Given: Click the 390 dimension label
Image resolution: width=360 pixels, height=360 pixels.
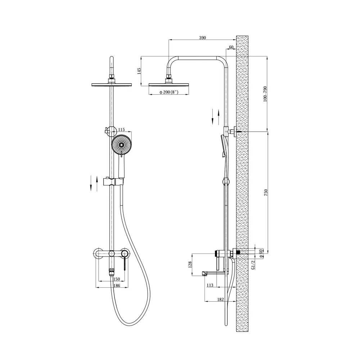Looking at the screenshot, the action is pos(202,38).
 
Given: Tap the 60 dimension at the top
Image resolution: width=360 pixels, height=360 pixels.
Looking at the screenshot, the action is pos(231,47).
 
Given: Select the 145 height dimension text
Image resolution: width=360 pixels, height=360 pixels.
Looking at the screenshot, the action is pos(139,71).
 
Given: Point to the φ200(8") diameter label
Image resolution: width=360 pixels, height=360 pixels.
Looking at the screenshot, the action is pos(169,92).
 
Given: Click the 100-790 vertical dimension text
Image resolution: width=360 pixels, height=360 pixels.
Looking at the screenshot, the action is pos(265,94).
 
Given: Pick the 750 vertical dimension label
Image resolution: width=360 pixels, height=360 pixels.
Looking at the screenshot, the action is pos(266,193).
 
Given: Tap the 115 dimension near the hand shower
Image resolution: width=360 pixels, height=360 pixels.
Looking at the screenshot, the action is pos(121,130).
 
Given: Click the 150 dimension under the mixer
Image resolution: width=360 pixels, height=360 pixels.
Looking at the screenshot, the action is pos(117,279).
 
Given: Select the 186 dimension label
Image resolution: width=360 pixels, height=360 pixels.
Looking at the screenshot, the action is pos(117,286).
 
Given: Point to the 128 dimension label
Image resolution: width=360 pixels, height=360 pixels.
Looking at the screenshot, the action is pos(190,265).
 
